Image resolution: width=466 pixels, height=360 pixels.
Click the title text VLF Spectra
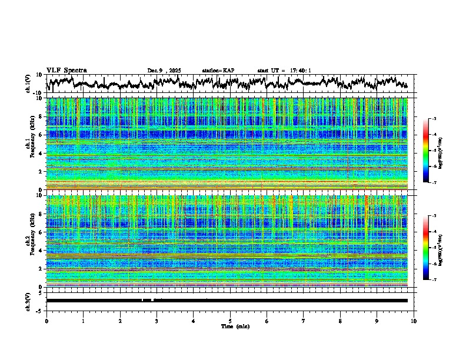(x=66, y=70)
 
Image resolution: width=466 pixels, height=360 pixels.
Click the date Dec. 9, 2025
(x=164, y=71)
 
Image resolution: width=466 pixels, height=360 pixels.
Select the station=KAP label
(x=218, y=71)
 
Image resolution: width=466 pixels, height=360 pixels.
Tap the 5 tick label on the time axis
(x=230, y=321)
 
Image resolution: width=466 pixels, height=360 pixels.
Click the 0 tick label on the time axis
(x=46, y=321)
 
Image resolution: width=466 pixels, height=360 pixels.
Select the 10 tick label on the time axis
(x=414, y=321)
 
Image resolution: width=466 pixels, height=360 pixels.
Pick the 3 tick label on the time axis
(x=157, y=321)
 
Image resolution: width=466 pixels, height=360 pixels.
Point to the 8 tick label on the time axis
(x=340, y=321)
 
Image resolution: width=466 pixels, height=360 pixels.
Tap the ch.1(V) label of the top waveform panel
(x=28, y=83)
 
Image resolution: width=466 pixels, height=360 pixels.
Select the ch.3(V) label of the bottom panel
(x=28, y=300)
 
